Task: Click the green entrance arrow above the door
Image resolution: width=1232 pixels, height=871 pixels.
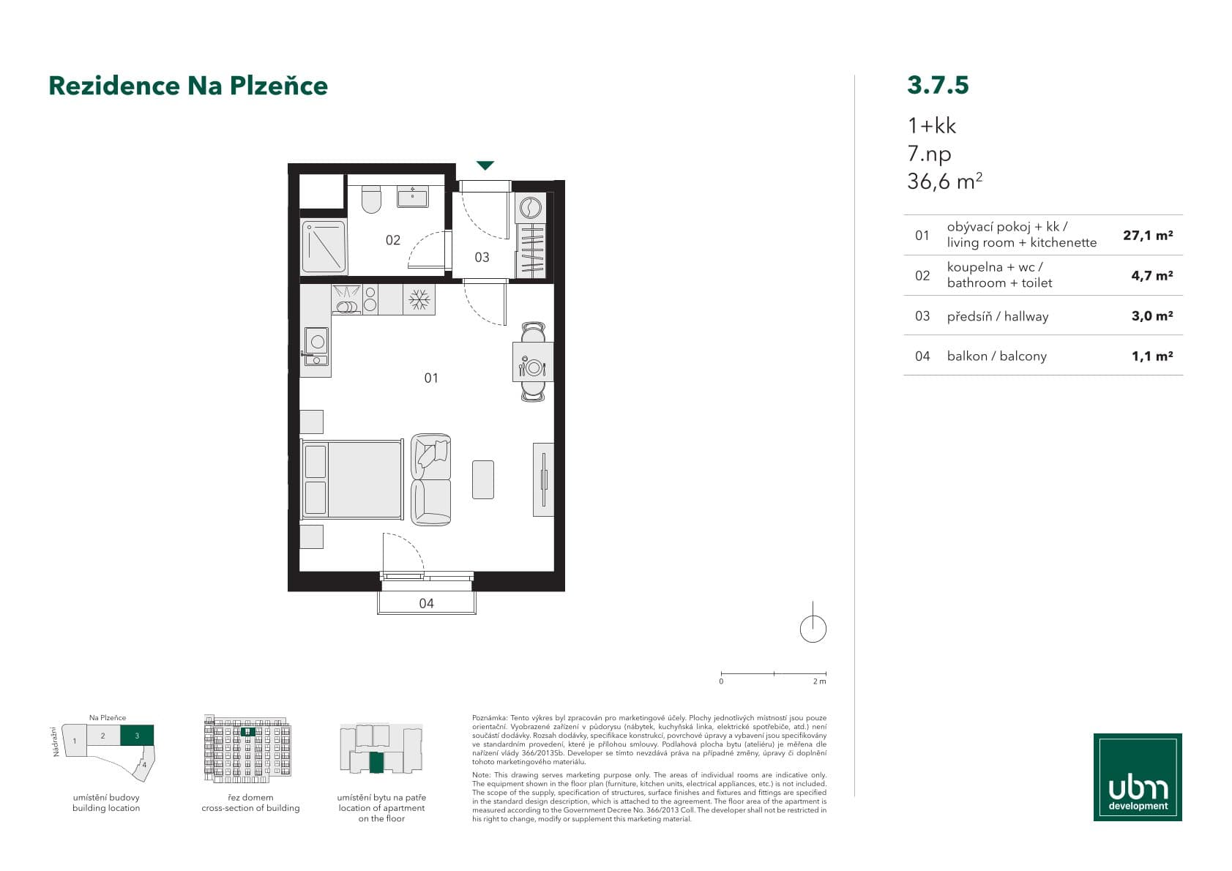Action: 485,165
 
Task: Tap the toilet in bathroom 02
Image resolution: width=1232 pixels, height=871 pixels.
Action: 372,199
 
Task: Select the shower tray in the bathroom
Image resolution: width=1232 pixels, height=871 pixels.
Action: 323,247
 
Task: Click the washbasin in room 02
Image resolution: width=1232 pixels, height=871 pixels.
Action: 413,196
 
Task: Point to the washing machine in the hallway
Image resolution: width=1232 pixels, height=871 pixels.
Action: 531,208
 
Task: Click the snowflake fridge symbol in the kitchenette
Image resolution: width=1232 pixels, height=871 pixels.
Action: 419,299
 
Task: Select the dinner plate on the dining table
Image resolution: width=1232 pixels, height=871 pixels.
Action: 534,367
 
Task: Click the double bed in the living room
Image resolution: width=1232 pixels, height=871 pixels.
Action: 353,479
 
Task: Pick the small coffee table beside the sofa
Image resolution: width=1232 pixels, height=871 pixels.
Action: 482,479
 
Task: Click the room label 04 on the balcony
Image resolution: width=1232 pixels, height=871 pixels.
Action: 426,603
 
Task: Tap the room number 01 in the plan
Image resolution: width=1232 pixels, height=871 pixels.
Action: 431,378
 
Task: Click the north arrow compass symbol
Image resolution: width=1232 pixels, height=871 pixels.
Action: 813,627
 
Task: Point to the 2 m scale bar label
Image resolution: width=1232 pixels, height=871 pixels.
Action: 819,681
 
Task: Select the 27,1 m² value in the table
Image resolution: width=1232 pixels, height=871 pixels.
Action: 1147,235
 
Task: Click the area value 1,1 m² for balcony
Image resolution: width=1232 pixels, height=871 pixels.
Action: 1151,356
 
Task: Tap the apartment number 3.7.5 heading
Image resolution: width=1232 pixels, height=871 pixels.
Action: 938,85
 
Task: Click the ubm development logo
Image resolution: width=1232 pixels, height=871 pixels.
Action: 1137,777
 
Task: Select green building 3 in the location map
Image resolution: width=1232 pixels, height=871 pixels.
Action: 137,735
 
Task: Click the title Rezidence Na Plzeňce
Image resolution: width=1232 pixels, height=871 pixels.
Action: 188,86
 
